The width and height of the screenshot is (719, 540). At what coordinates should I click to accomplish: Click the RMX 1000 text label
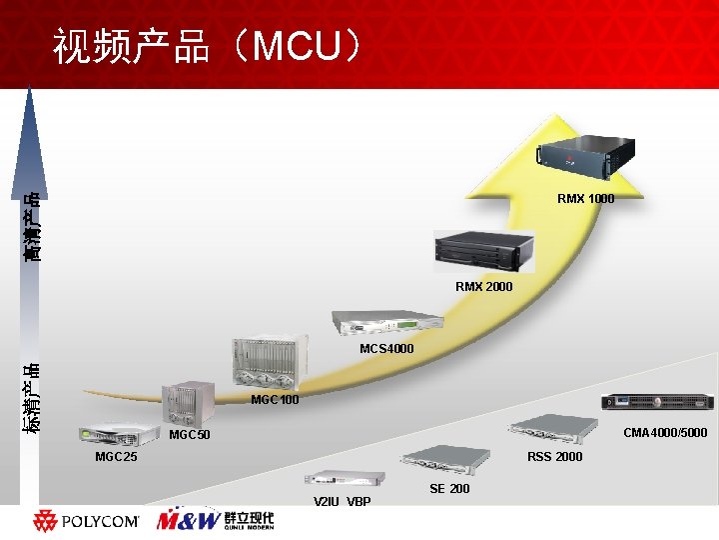[585, 199]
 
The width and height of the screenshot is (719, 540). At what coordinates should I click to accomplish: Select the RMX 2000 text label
[483, 287]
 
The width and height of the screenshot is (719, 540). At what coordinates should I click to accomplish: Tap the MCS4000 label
[386, 349]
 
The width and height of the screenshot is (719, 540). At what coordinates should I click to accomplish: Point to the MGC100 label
[275, 400]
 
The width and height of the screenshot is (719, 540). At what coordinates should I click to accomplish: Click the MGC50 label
[190, 436]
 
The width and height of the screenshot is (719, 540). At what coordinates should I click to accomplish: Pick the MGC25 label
[116, 457]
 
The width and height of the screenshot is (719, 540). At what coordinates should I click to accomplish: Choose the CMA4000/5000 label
[665, 434]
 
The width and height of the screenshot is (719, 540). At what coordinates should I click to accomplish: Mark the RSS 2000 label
[554, 457]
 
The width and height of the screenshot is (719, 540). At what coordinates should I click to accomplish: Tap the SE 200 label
[449, 489]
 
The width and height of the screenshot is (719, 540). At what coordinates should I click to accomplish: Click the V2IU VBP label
[342, 501]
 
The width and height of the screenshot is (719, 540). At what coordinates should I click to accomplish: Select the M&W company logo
[215, 520]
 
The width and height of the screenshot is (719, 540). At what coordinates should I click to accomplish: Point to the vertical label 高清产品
[33, 226]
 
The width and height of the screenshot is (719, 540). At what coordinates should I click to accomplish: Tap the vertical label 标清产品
[33, 398]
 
